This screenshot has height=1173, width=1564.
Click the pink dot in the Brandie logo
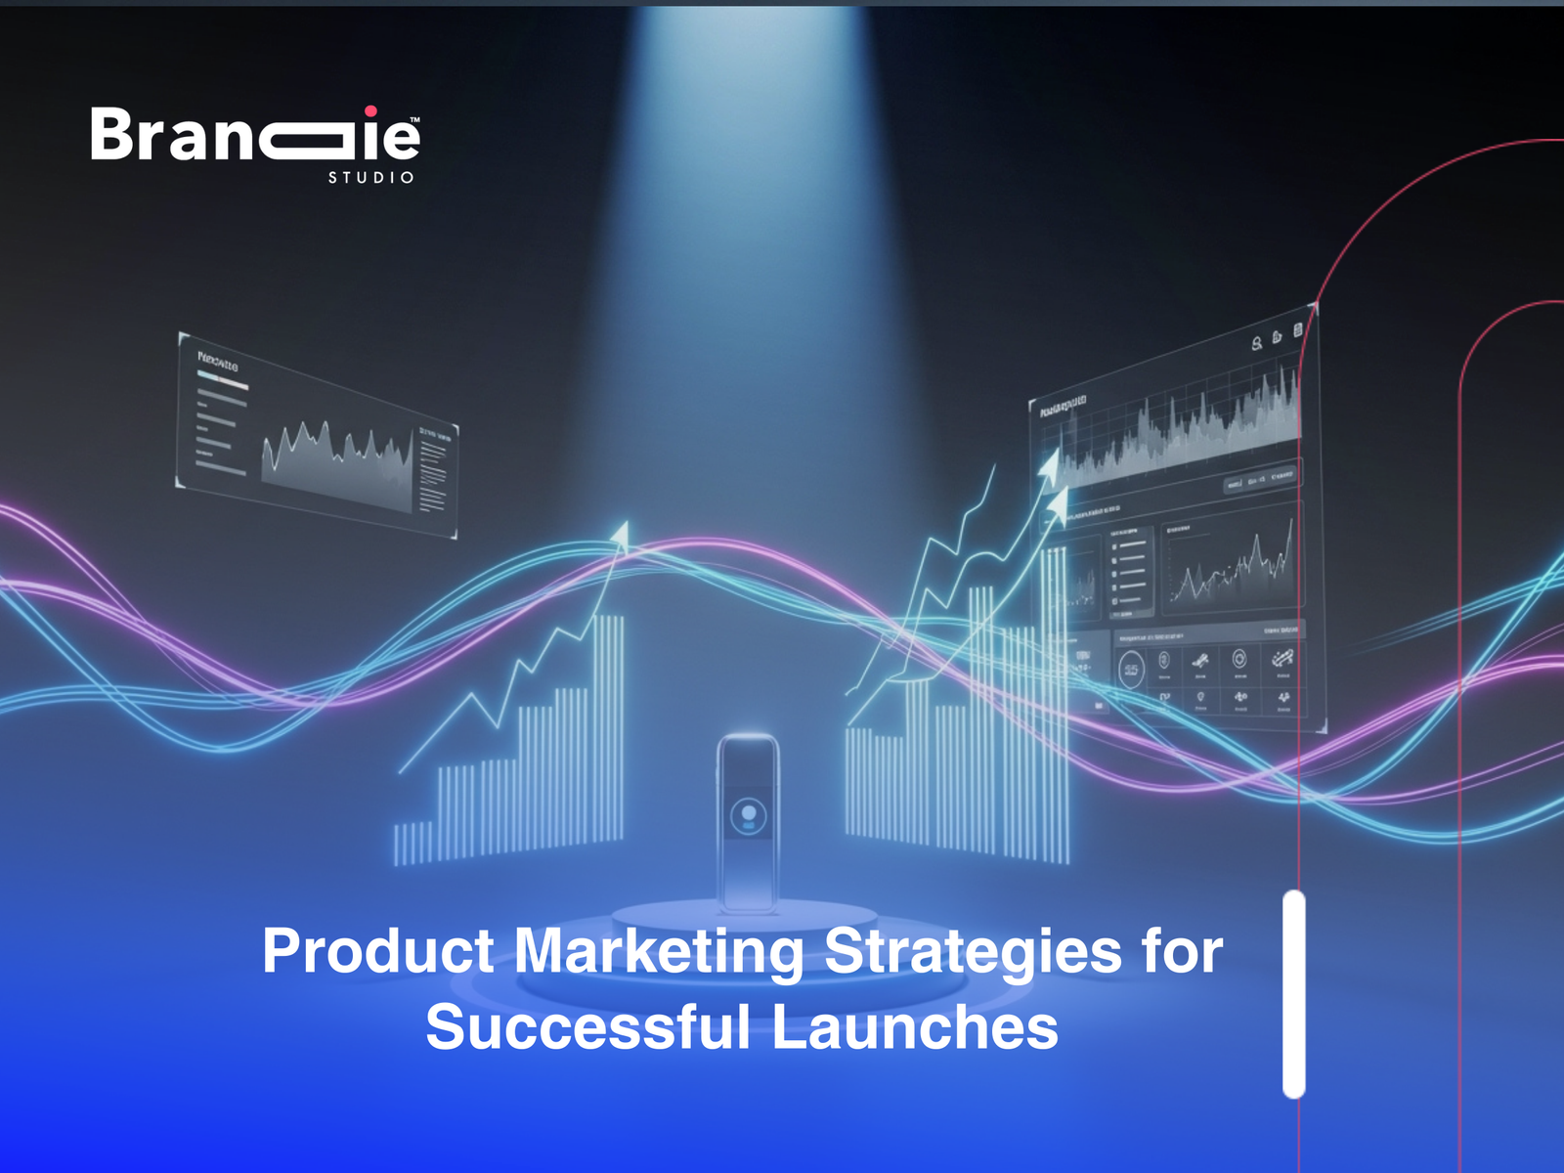pos(370,111)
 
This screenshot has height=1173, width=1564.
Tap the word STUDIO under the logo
pos(370,178)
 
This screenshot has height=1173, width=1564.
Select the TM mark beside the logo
pos(415,120)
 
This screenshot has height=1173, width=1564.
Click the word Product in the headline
pos(378,951)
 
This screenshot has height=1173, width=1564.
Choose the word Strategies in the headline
pos(973,951)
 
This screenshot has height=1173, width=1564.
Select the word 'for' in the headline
pos(1182,951)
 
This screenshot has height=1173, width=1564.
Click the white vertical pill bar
pos(1294,994)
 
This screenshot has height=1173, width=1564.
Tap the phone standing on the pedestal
pos(748,821)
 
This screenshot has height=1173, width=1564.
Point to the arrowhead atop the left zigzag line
pos(620,533)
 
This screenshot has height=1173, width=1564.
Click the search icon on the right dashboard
pos(1257,343)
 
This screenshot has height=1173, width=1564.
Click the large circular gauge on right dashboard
pos(1131,670)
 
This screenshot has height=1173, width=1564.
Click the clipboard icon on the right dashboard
pos(1297,331)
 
